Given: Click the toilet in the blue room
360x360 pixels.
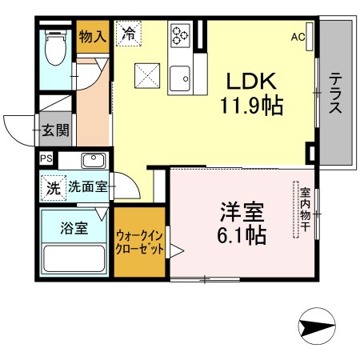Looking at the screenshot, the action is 55,48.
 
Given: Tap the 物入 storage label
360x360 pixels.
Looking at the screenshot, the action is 93,36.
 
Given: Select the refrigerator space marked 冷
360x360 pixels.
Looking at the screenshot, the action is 129,34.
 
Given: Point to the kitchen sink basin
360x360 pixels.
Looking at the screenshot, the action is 180,78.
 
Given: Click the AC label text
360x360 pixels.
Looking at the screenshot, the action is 298,37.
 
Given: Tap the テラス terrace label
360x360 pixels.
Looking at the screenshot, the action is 335,93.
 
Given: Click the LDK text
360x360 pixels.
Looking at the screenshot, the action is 251,81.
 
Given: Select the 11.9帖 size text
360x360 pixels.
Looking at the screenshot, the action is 251,106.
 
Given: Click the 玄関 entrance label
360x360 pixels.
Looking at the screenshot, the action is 55,130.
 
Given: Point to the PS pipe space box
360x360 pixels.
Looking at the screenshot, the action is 46,158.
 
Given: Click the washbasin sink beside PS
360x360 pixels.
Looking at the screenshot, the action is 94,161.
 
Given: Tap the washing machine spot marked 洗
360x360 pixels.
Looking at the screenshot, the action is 54,188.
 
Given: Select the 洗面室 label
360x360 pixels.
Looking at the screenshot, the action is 88,186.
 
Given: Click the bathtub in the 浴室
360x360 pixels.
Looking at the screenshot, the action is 74,258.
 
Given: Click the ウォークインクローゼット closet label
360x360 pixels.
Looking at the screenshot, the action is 139,242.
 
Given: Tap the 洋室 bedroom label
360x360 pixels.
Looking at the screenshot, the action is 242,212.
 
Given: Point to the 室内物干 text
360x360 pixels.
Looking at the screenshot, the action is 305,210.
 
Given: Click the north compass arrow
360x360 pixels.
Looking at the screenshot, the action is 317,326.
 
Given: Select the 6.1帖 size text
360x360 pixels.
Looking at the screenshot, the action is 242,235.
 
